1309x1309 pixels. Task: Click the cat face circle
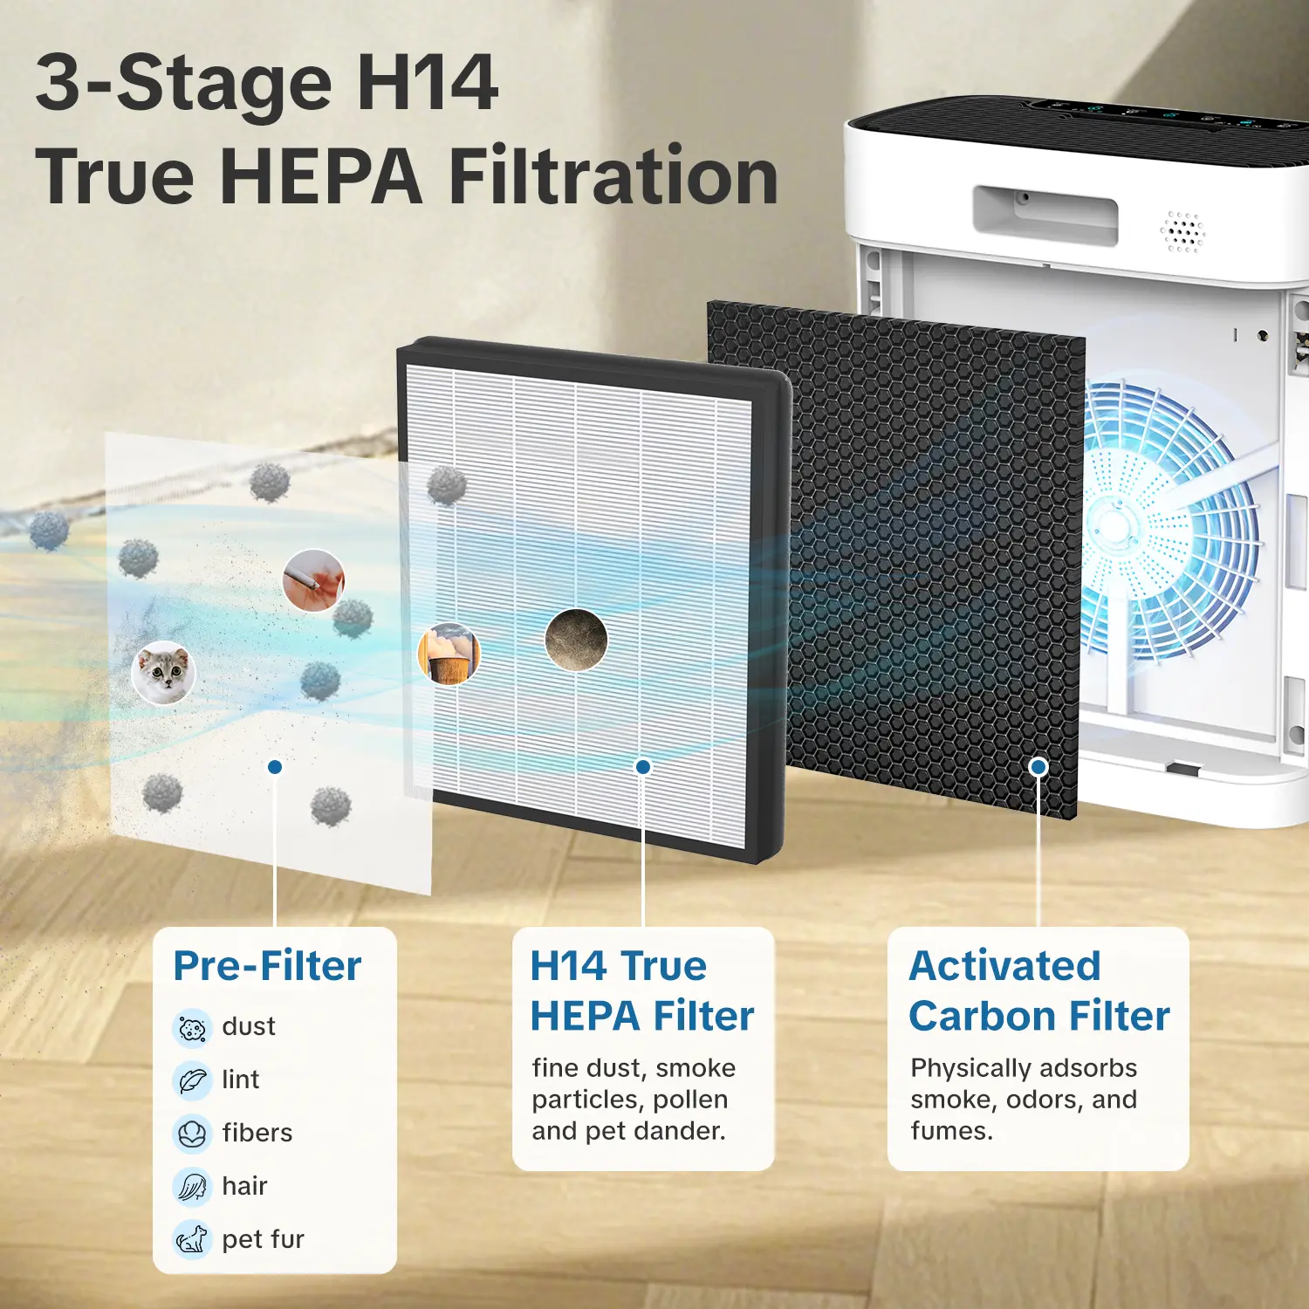164,673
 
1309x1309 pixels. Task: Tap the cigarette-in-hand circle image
314,580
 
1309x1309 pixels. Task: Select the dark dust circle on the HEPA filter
576,640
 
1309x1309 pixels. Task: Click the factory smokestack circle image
449,654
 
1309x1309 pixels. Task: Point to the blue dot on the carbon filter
1038,766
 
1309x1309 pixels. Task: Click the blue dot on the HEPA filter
643,766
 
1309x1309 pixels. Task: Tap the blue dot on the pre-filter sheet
275,766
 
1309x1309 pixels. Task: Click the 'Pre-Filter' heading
267,966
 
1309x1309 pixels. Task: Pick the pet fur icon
192,1239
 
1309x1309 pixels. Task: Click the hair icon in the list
192,1186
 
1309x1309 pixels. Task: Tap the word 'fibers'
257,1133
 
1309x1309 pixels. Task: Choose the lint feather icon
192,1080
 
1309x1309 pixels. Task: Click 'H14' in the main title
428,83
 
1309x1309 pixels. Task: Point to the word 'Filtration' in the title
613,176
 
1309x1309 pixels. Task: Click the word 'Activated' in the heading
1004,966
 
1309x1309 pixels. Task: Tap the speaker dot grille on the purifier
1182,232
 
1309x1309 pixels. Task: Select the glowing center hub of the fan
1114,525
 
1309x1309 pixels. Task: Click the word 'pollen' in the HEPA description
690,1100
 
